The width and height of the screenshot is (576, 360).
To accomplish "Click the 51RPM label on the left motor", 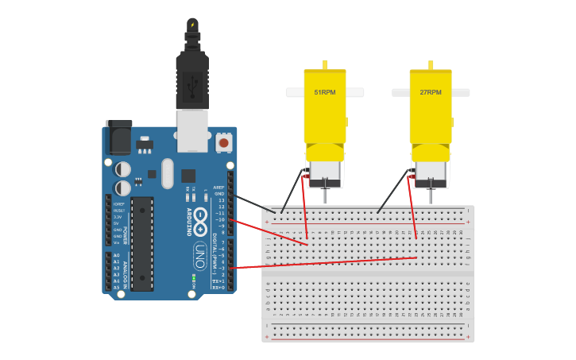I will [325, 92].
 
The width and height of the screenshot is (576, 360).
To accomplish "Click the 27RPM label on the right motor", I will [431, 92].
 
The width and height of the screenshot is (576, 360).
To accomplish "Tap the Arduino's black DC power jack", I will [119, 138].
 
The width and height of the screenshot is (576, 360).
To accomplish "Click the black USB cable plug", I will [191, 79].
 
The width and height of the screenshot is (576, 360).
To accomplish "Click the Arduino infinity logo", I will [199, 219].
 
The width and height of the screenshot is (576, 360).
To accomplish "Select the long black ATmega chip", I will [142, 243].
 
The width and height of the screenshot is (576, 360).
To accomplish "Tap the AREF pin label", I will [219, 188].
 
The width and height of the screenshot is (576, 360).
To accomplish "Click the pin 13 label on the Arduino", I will [221, 200].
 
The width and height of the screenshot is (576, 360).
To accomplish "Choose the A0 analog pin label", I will [117, 256].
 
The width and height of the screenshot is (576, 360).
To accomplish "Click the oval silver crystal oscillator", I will [167, 172].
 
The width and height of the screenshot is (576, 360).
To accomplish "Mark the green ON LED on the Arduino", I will [194, 277].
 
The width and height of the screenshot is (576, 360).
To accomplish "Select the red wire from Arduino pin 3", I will [318, 263].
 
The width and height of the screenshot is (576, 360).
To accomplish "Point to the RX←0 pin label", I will [218, 287].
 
